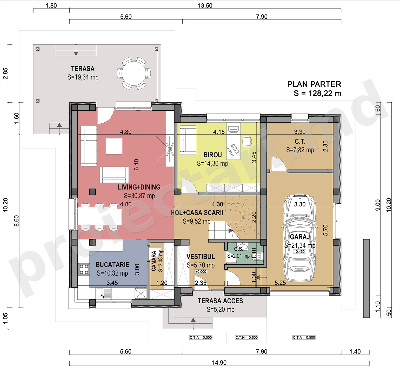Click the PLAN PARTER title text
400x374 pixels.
(314, 84)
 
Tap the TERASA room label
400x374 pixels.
(83, 69)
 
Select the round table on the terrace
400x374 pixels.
(134, 73)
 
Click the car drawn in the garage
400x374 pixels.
(300, 238)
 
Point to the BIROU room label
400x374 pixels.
(212, 155)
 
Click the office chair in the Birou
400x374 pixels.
(247, 141)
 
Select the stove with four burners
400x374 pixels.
(84, 269)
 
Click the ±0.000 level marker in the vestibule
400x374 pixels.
(201, 272)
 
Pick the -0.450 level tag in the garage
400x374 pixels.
(300, 251)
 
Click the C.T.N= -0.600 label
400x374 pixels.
(246, 337)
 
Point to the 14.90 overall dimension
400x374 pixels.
(219, 363)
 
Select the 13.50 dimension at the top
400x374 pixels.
(205, 5)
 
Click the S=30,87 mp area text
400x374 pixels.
(139, 196)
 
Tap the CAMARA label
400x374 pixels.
(154, 261)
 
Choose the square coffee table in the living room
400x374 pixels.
(114, 146)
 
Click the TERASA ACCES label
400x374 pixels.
(220, 301)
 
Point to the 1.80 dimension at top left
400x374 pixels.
(51, 5)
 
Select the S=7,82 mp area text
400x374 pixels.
(300, 150)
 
